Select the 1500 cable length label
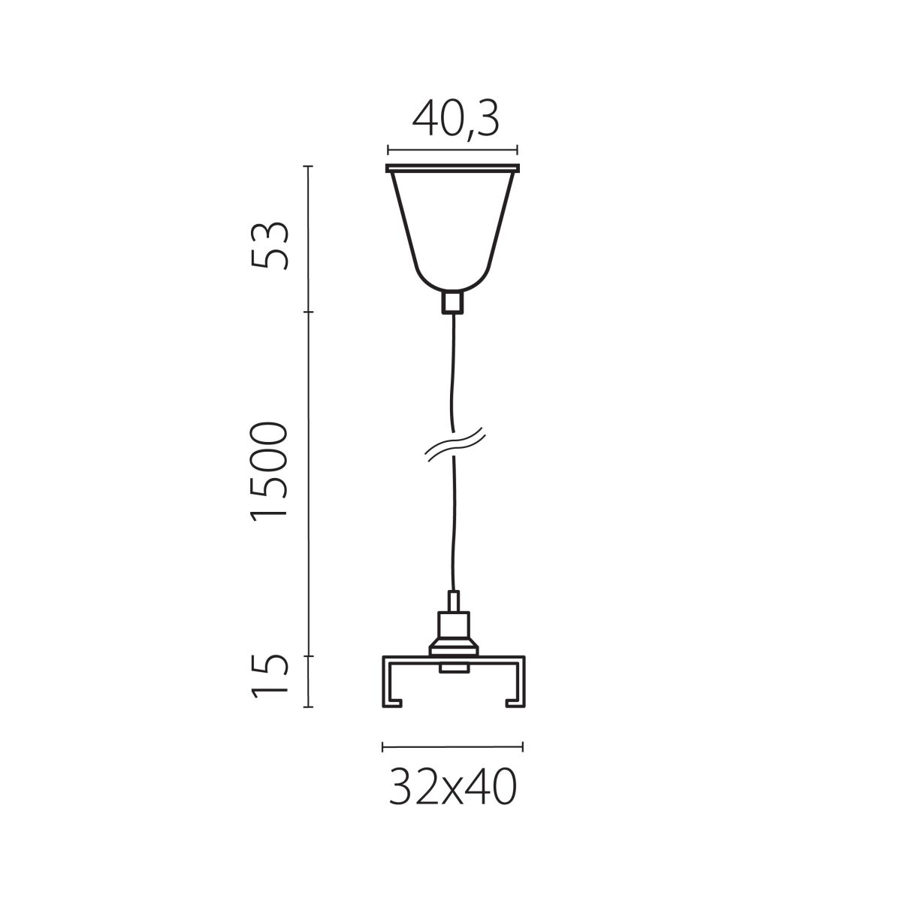click(x=269, y=471)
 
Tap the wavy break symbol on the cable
click(x=453, y=446)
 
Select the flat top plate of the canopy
click(x=452, y=168)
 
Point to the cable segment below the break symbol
click(x=452, y=526)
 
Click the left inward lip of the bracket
click(x=394, y=703)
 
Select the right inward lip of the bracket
click(x=513, y=703)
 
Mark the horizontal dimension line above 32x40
click(x=453, y=746)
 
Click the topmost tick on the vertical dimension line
click(x=308, y=166)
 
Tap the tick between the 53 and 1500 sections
click(x=308, y=312)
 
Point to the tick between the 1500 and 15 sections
click(x=308, y=656)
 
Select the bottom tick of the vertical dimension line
click(x=308, y=707)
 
